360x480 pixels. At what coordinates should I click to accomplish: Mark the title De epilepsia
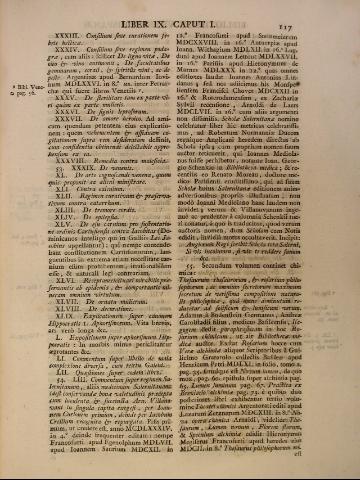click(101, 252)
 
